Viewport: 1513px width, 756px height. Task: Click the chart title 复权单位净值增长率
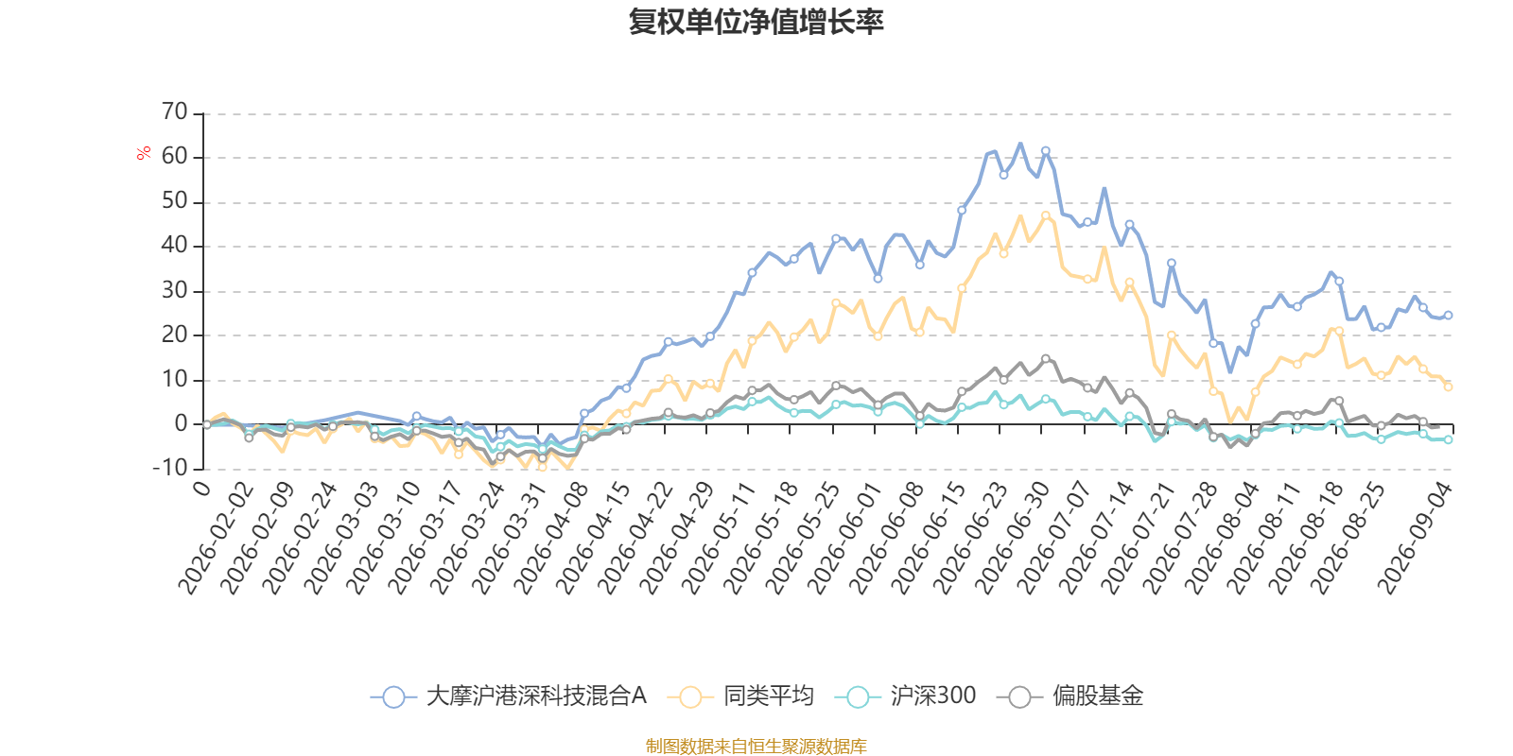tap(756, 22)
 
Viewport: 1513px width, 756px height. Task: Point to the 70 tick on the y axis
tap(174, 112)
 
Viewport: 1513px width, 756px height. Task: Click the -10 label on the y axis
tap(170, 468)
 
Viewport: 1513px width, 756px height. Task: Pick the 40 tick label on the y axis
tap(174, 246)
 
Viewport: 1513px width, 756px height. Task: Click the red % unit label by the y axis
tap(143, 153)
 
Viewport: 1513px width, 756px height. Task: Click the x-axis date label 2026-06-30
tap(1012, 539)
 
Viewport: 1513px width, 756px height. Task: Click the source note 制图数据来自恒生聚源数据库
tap(756, 746)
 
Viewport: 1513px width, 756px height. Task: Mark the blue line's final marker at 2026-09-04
tap(1448, 316)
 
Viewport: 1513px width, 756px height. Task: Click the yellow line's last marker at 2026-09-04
tap(1448, 387)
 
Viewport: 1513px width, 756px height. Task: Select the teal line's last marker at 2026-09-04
tap(1448, 439)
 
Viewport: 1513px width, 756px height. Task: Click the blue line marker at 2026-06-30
tap(1046, 151)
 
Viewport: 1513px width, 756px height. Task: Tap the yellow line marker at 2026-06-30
tap(1046, 216)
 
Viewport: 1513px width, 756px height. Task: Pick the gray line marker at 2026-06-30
tap(1046, 359)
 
